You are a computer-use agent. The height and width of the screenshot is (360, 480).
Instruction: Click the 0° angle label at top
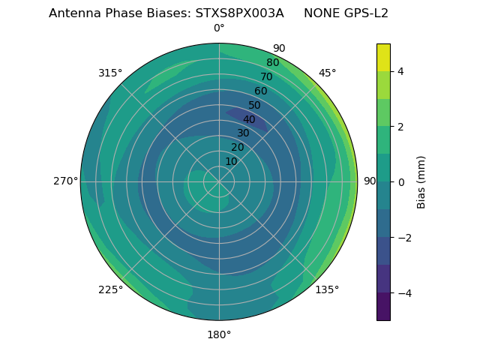pyautogui.click(x=219, y=28)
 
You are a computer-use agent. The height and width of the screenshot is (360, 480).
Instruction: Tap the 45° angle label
pyautogui.click(x=327, y=73)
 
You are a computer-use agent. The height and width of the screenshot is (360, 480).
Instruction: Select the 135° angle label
pyautogui.click(x=327, y=289)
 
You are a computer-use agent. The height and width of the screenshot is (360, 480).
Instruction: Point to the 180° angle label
pyautogui.click(x=219, y=334)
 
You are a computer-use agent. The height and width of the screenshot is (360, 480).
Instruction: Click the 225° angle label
pyautogui.click(x=110, y=289)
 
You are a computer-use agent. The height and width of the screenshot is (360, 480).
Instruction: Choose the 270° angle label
pyautogui.click(x=65, y=181)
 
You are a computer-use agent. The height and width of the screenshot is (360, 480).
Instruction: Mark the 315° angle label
pyautogui.click(x=110, y=73)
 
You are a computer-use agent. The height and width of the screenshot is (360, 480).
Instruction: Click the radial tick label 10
pyautogui.click(x=231, y=161)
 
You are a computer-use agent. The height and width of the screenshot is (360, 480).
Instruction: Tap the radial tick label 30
pyautogui.click(x=243, y=133)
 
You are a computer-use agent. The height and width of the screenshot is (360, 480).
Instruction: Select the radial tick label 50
pyautogui.click(x=255, y=106)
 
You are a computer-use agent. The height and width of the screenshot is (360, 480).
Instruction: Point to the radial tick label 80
pyautogui.click(x=272, y=63)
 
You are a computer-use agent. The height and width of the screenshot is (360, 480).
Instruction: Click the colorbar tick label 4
pyautogui.click(x=400, y=71)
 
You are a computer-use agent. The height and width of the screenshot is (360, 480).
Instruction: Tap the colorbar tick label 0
pyautogui.click(x=400, y=182)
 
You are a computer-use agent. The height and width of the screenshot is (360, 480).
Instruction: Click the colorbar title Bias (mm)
pyautogui.click(x=421, y=182)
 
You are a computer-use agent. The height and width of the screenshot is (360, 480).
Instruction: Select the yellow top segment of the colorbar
pyautogui.click(x=383, y=57)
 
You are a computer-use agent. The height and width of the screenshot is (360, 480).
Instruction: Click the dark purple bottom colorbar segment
pyautogui.click(x=383, y=307)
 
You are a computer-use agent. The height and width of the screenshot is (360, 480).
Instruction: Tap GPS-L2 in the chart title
pyautogui.click(x=362, y=13)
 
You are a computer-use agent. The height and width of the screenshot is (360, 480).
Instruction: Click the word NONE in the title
pyautogui.click(x=318, y=13)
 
